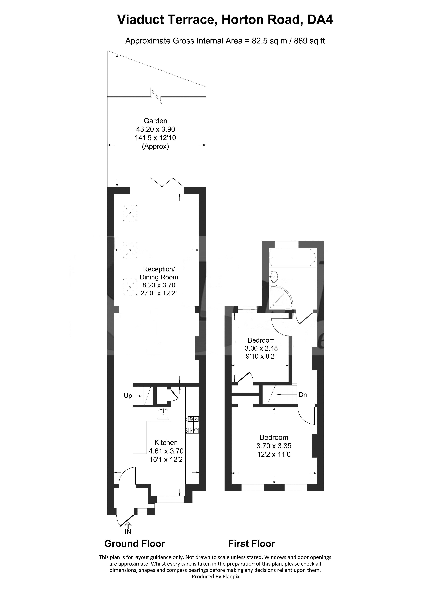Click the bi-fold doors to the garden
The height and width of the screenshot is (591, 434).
167,182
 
